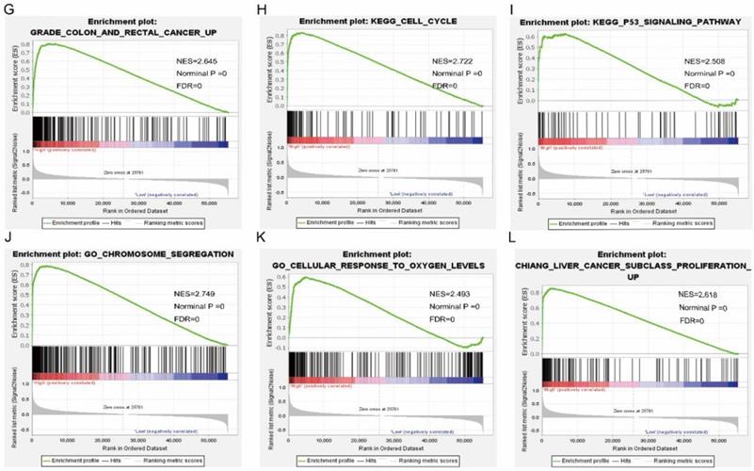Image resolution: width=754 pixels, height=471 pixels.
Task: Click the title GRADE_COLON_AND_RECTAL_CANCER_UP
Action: pos(120,31)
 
